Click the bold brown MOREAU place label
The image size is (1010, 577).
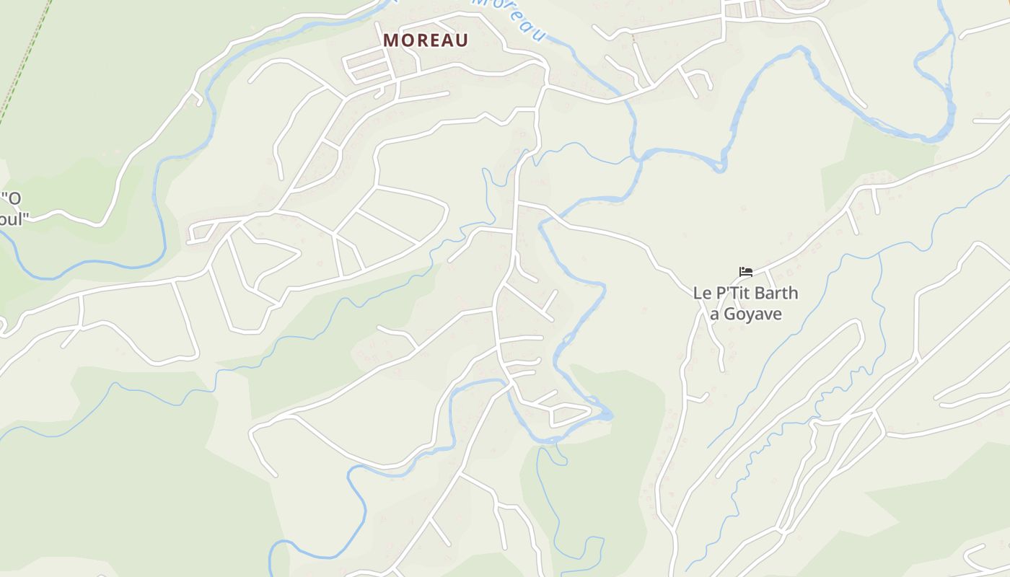pos(426,40)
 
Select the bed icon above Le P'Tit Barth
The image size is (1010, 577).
pos(746,272)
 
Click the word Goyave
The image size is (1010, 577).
pos(752,314)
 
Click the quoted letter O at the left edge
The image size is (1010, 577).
pos(14,198)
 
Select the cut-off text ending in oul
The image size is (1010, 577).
pos(12,219)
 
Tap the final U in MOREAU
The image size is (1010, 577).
pos(462,40)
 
